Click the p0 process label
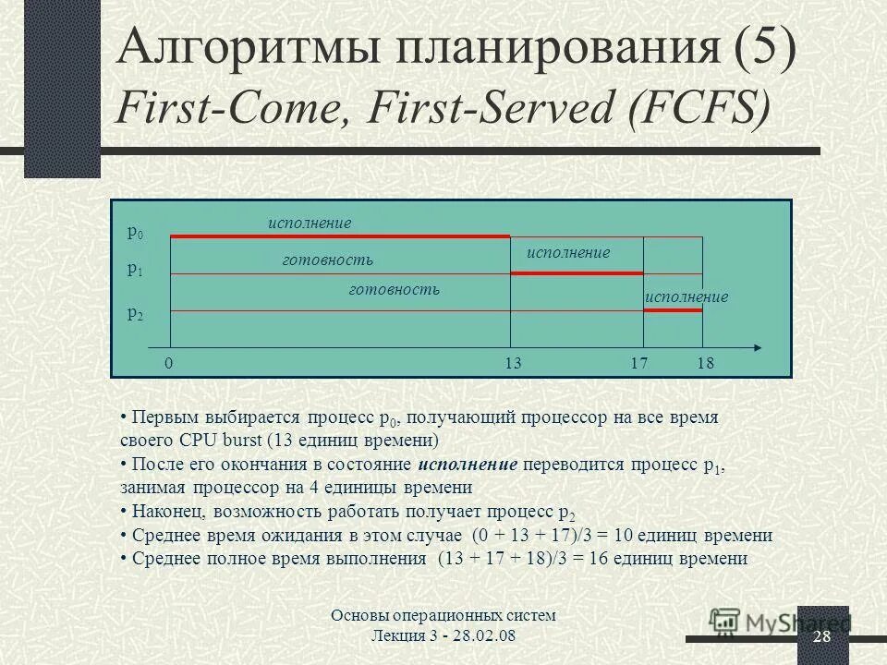[135, 234]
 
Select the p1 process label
[135, 271]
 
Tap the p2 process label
[135, 313]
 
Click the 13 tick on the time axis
[514, 364]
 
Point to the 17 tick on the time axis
[638, 364]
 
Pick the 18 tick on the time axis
[707, 364]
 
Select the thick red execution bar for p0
[340, 237]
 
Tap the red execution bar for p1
[577, 273]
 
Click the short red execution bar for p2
[673, 310]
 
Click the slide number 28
[821, 638]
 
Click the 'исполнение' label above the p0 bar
[310, 223]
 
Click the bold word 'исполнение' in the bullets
[468, 465]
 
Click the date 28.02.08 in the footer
[499, 637]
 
